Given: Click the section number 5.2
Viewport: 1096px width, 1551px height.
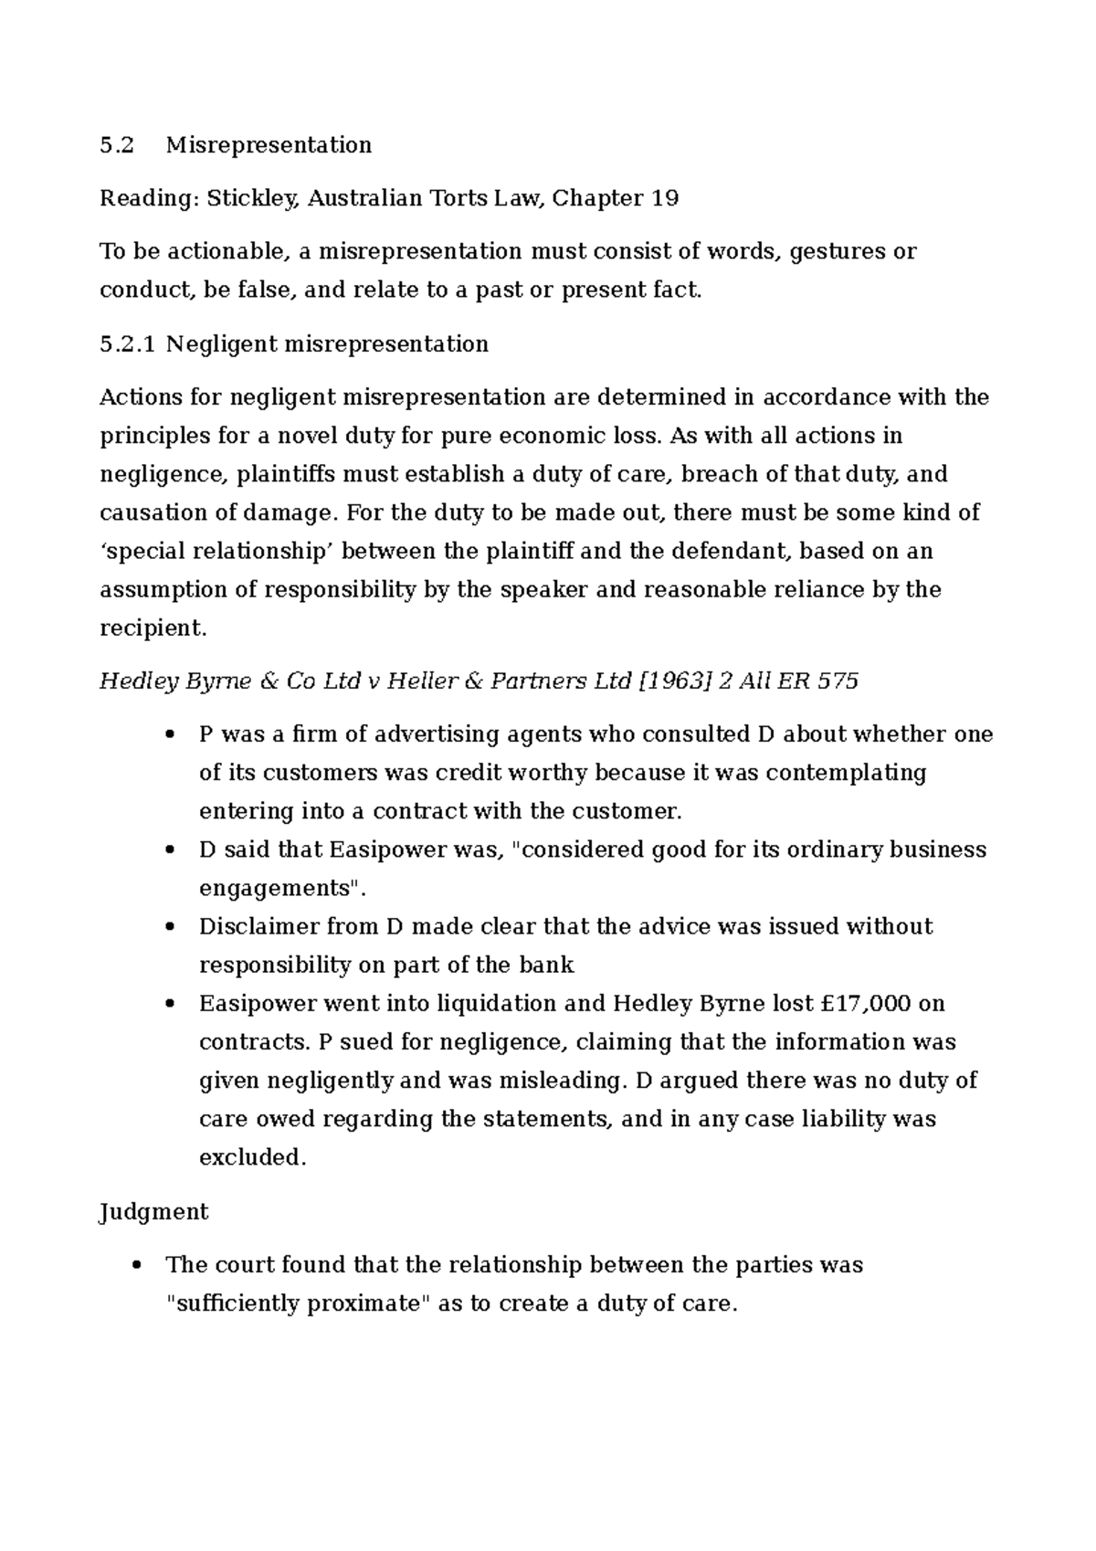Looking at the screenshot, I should (116, 145).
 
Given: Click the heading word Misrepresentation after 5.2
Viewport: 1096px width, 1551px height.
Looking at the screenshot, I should (269, 145).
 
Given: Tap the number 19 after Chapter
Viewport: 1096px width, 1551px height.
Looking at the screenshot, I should (665, 198).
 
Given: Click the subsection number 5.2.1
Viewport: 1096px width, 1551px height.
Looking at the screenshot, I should (128, 344).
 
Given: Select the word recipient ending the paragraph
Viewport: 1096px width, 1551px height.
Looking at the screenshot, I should (151, 628).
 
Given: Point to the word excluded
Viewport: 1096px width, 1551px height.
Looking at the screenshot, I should (251, 1157).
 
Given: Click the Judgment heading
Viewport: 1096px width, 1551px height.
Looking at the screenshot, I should (153, 1212).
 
